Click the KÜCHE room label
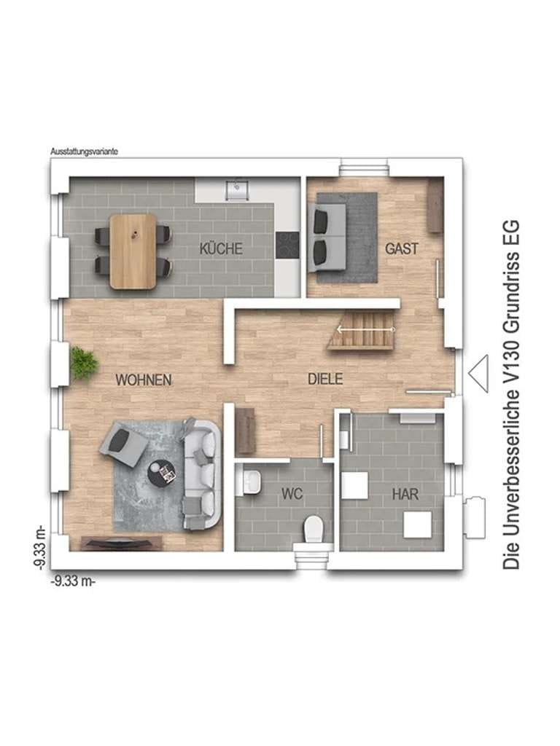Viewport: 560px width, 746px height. (x=221, y=248)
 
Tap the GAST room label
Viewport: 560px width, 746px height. (x=402, y=248)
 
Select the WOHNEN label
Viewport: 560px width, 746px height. (x=144, y=380)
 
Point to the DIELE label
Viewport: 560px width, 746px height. (x=325, y=379)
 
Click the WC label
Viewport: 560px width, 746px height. (x=292, y=493)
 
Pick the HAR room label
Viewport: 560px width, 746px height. (x=405, y=494)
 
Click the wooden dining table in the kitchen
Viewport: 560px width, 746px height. (x=133, y=251)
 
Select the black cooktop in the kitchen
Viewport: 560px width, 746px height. (x=287, y=245)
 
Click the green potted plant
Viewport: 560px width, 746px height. (x=84, y=363)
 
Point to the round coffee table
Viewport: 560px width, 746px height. (x=162, y=474)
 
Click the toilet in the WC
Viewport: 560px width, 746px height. (x=314, y=529)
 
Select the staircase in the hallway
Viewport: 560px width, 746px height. (x=363, y=329)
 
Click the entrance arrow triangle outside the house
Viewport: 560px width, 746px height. (x=478, y=374)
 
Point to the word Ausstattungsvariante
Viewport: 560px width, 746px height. (x=85, y=152)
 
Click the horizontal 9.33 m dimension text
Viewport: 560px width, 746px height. (x=73, y=581)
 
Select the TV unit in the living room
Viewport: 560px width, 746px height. (x=122, y=543)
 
